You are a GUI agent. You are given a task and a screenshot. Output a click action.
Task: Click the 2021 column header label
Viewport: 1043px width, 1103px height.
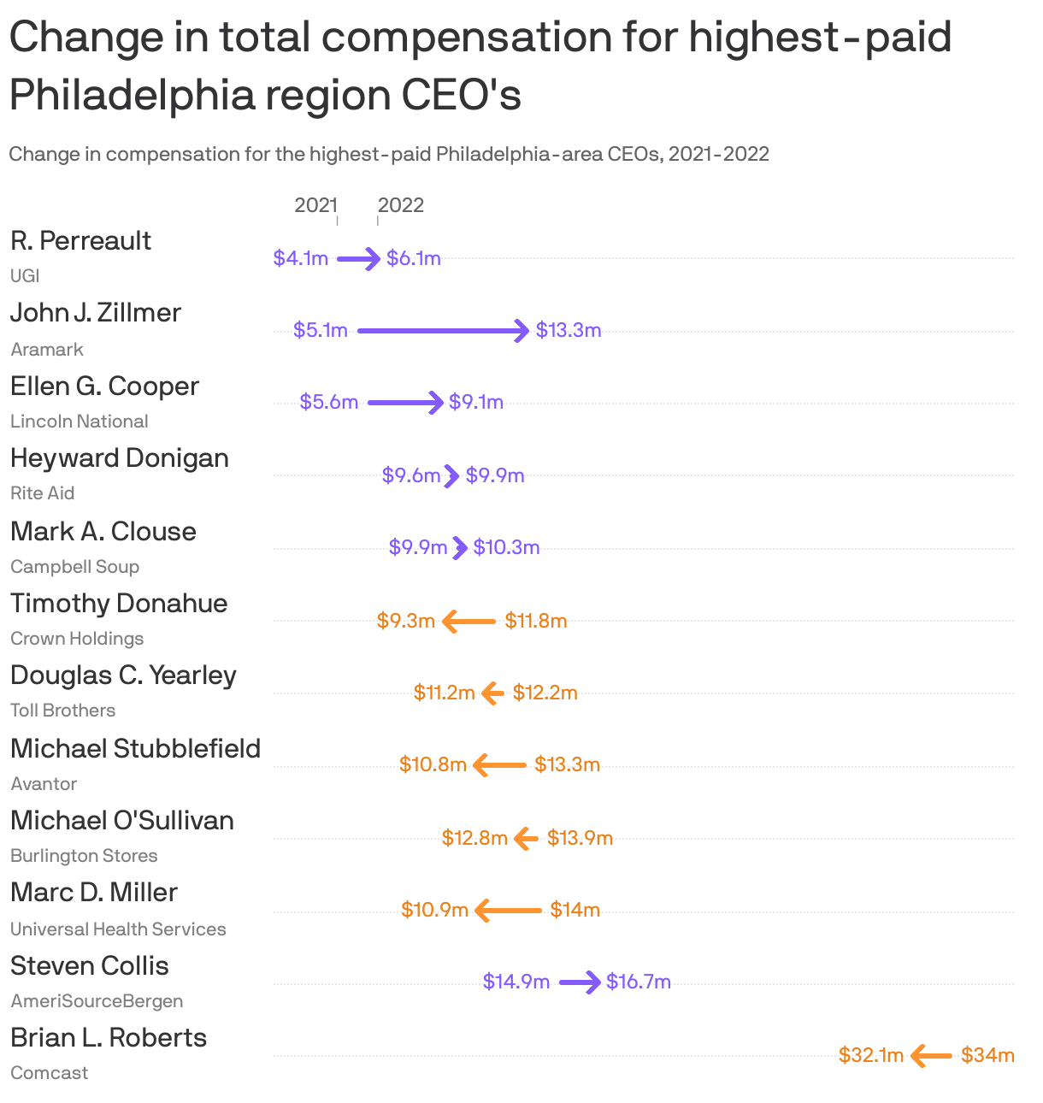[315, 205]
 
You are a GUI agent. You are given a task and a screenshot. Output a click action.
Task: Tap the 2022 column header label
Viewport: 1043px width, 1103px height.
[400, 205]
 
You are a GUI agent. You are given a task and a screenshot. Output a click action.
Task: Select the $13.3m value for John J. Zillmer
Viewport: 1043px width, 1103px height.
[569, 330]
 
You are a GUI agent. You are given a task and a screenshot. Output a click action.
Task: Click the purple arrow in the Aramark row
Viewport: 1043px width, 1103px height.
[443, 330]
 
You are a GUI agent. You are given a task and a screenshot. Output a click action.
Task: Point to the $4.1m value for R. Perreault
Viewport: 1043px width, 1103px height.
[301, 258]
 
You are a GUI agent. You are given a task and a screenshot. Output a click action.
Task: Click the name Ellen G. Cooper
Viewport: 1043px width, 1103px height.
[104, 386]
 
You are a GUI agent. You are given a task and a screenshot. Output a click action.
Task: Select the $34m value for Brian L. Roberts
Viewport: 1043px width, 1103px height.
[987, 1055]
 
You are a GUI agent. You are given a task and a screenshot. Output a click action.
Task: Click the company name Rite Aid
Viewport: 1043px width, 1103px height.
[43, 493]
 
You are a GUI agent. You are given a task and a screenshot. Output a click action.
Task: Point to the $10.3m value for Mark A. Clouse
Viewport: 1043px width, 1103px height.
[506, 547]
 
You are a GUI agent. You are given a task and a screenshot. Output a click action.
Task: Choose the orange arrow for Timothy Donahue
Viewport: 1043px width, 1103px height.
[469, 622]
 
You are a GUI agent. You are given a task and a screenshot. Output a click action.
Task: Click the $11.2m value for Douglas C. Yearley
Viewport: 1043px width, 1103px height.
[444, 693]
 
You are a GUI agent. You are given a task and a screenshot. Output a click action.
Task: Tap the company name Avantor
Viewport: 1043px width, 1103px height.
[44, 784]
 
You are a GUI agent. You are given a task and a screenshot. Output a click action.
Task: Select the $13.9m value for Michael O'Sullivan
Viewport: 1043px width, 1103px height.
[580, 838]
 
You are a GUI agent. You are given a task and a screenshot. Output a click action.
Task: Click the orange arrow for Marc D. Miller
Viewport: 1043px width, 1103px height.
[508, 911]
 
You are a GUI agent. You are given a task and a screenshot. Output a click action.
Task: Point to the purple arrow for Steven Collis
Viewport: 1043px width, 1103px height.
[580, 982]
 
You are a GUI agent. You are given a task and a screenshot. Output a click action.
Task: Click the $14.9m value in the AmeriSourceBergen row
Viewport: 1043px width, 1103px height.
[516, 982]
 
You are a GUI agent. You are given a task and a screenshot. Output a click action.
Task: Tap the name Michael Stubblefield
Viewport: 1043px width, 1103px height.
[135, 749]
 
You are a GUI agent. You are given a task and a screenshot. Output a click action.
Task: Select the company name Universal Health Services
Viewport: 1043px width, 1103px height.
[118, 929]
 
